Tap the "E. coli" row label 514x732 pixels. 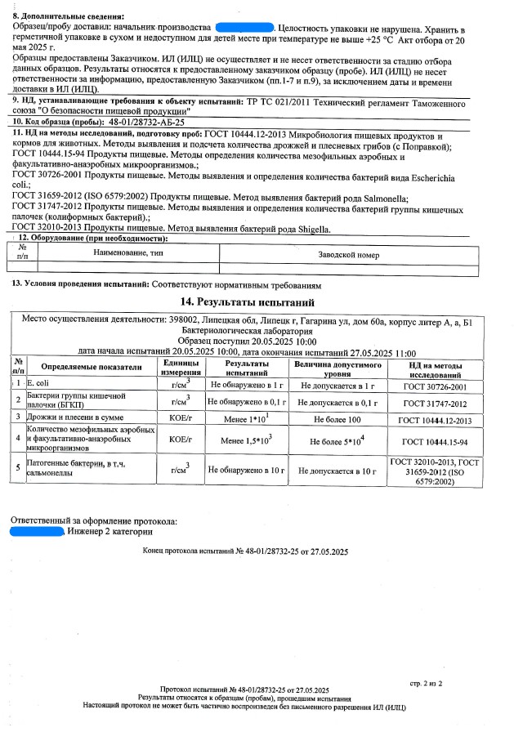point(38,384)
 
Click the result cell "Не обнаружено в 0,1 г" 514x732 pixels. point(246,402)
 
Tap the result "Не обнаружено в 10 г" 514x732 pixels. point(246,471)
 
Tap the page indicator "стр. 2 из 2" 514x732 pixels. point(425,681)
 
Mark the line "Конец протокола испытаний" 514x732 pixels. point(245,553)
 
